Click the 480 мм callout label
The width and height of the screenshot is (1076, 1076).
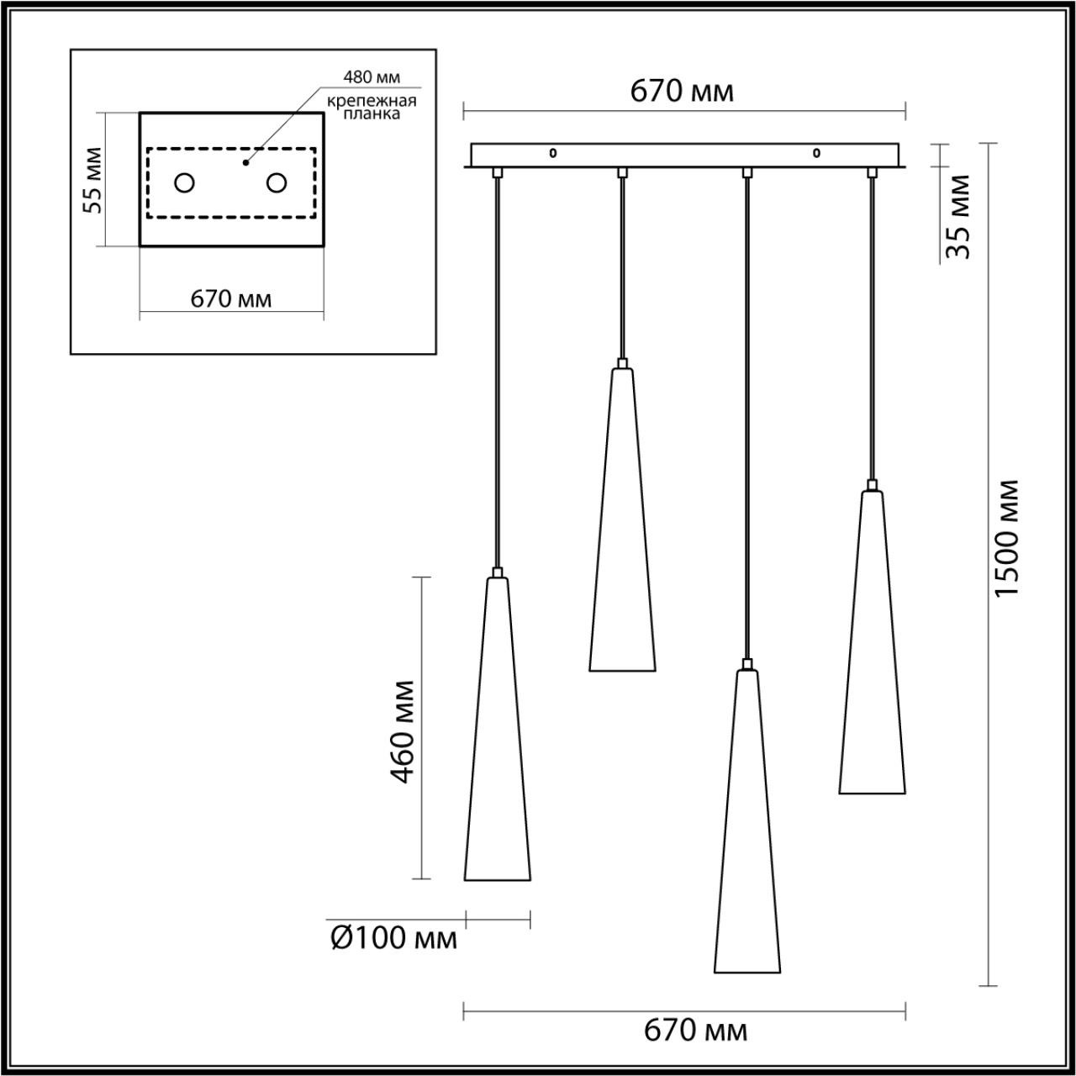(372, 77)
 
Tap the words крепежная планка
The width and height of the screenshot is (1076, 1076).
(372, 108)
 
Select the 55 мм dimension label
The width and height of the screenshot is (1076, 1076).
(92, 180)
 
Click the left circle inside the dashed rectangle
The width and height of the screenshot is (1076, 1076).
(184, 182)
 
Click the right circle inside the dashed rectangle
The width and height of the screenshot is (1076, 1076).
(277, 182)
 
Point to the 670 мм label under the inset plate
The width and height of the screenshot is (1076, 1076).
(231, 299)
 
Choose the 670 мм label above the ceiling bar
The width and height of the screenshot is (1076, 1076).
(682, 91)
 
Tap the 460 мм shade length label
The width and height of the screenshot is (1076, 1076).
(402, 732)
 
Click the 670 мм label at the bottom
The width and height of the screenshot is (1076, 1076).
(696, 1031)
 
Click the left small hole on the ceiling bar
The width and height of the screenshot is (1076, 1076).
(553, 152)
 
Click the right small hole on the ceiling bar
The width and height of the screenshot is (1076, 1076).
(816, 152)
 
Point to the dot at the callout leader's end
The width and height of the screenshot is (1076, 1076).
(245, 163)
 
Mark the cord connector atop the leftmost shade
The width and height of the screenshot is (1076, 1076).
(497, 572)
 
